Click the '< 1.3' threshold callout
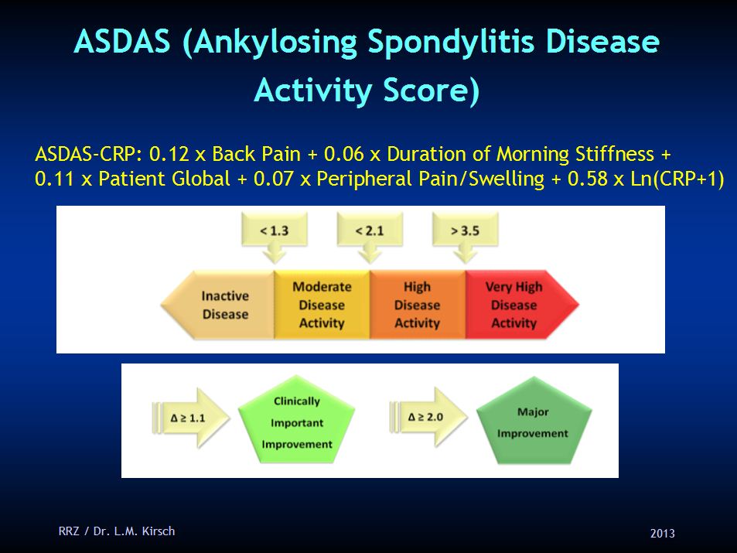click(275, 230)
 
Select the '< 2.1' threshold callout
click(370, 230)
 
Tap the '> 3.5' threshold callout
click(465, 230)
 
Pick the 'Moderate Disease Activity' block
click(322, 305)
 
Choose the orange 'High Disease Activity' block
click(417, 305)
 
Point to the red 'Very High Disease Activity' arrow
click(517, 305)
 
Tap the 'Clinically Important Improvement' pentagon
click(296, 422)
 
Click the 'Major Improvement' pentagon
click(533, 422)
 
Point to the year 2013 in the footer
click(663, 533)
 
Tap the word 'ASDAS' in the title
click(122, 43)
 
